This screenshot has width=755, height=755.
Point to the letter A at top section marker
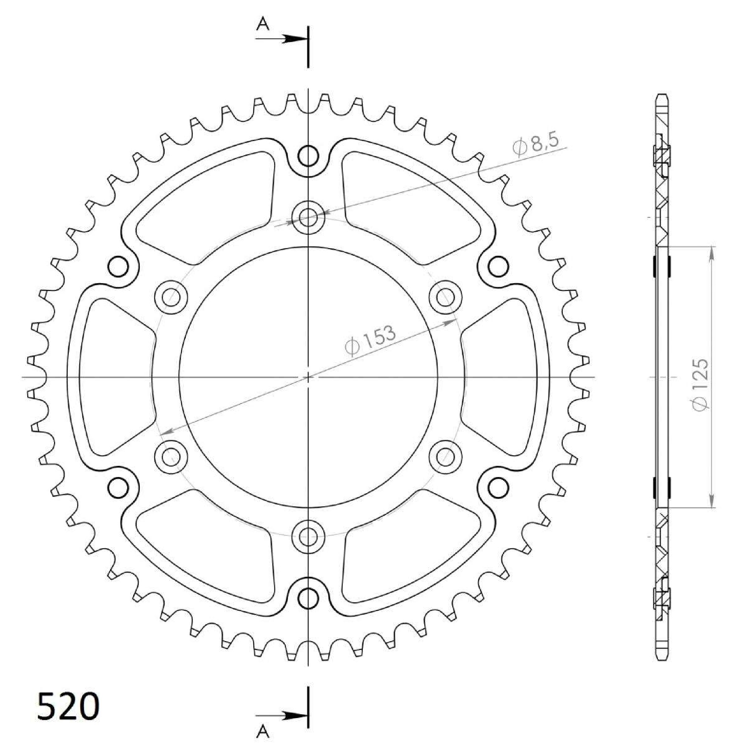pyautogui.click(x=263, y=25)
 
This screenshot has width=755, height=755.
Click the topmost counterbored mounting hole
pyautogui.click(x=308, y=218)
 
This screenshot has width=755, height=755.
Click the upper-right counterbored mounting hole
pyautogui.click(x=445, y=298)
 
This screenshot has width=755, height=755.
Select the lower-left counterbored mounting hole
pyautogui.click(x=171, y=456)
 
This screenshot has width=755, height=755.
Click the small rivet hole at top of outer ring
pyautogui.click(x=308, y=157)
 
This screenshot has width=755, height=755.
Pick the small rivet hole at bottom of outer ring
pyautogui.click(x=308, y=598)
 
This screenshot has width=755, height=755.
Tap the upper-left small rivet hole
pyautogui.click(x=118, y=267)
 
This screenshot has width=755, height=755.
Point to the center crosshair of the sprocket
pyautogui.click(x=308, y=377)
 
